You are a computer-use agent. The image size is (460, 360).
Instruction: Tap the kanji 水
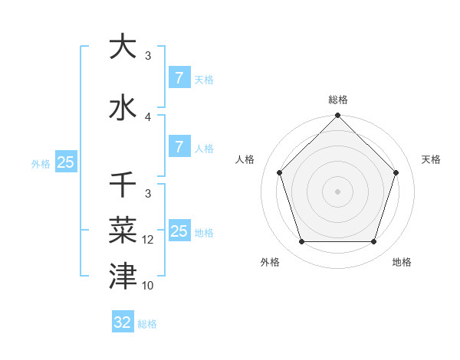point(123,107)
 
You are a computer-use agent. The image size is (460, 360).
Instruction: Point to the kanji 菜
point(123,229)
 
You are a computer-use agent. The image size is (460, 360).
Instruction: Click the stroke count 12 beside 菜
point(149,240)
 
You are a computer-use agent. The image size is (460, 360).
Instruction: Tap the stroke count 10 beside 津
point(149,286)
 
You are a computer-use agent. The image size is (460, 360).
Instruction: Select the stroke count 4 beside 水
point(149,117)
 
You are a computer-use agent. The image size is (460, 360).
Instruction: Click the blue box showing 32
point(123,322)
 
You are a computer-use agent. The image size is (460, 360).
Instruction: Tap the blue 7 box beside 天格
point(179,78)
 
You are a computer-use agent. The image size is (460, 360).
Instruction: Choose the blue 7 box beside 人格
point(179,147)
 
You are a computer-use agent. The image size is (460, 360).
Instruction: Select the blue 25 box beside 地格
point(179,231)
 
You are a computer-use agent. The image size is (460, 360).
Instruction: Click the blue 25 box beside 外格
point(65,162)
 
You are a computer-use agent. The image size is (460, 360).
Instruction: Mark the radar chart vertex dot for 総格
point(337,116)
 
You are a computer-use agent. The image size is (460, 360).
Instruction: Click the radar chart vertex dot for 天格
point(396,172)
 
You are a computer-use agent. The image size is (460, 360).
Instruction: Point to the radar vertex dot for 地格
point(373,242)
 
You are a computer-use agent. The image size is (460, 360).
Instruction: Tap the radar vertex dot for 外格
point(301,242)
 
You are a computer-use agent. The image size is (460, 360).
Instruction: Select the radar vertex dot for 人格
point(279,172)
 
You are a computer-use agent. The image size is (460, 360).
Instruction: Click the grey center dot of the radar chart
point(337,191)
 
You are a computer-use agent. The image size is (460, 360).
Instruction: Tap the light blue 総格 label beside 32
point(147,324)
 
